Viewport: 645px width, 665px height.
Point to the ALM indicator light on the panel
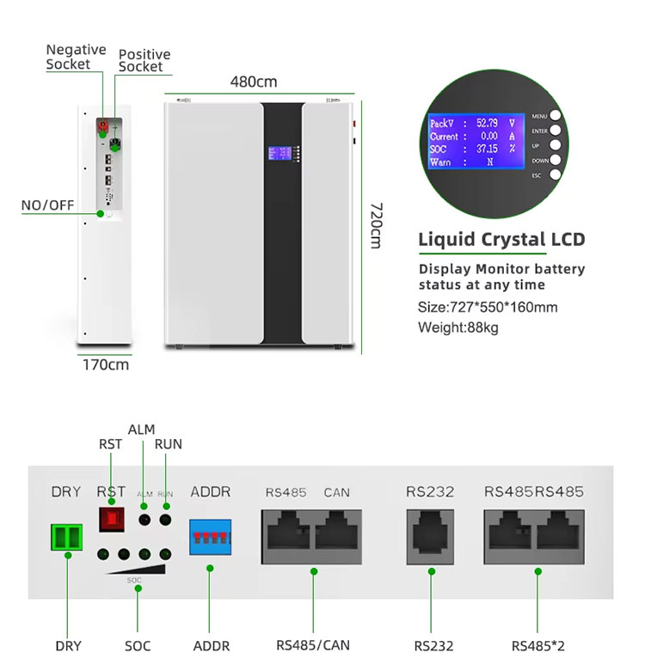[144, 520]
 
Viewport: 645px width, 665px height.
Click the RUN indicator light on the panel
[165, 520]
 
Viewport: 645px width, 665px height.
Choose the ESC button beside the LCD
[556, 174]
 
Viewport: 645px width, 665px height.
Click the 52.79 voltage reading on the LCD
[487, 123]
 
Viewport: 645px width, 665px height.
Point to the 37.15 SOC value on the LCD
[487, 149]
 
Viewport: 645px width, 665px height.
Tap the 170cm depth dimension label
[106, 364]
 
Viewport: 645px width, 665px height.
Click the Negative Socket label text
[76, 57]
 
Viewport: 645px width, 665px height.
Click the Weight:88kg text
[458, 327]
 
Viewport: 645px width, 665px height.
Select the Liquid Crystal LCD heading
[501, 239]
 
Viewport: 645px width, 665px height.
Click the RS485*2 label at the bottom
[538, 645]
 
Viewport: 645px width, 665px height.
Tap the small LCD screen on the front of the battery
[281, 154]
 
